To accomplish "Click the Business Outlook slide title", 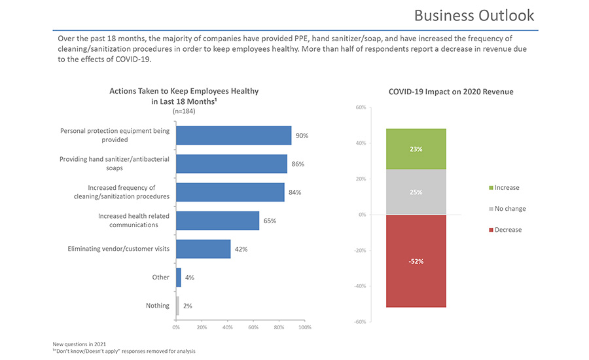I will (x=474, y=15).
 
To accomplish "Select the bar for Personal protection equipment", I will (x=234, y=135).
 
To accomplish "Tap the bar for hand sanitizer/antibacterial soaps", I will (x=232, y=164).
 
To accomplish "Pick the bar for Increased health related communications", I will (x=217, y=221).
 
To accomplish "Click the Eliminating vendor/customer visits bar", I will (x=203, y=249).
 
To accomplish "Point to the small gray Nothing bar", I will (x=177, y=306).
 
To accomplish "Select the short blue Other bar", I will (x=179, y=278).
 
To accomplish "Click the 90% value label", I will (x=302, y=135).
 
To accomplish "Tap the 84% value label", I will (x=294, y=192).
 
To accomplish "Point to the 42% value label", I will (x=241, y=249).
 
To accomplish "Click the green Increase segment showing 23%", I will (x=416, y=149).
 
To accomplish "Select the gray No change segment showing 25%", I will (x=416, y=192).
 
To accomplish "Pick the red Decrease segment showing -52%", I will (x=416, y=261).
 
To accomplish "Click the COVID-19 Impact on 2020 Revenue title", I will (x=451, y=92).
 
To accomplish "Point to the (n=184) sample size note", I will (x=184, y=111).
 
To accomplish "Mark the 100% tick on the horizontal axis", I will (x=304, y=327).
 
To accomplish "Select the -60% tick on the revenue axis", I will (x=360, y=321).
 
